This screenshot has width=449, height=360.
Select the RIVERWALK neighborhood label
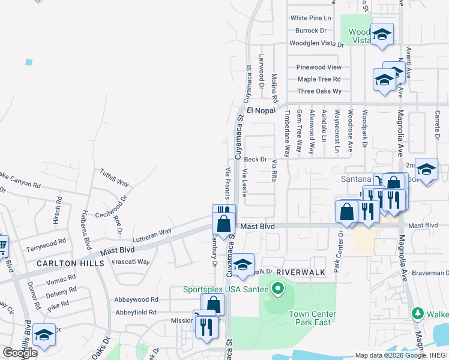coord(301,272)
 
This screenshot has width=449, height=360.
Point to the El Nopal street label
coord(260,111)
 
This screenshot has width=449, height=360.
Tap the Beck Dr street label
coord(255,160)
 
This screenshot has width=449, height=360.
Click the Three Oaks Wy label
coord(319,91)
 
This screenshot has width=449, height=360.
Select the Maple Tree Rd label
coord(319,79)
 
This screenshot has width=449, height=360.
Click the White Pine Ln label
coord(311,19)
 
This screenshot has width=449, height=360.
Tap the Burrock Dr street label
coord(310,31)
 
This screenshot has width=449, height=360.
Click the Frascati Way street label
coord(131,262)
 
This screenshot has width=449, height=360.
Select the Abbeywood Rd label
coord(136,299)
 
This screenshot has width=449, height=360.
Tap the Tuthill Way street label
coord(115,177)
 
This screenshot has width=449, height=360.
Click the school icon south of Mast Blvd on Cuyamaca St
coord(243,265)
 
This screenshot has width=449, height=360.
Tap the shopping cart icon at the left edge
coord(2,245)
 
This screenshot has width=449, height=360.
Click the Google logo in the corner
coord(20,353)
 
